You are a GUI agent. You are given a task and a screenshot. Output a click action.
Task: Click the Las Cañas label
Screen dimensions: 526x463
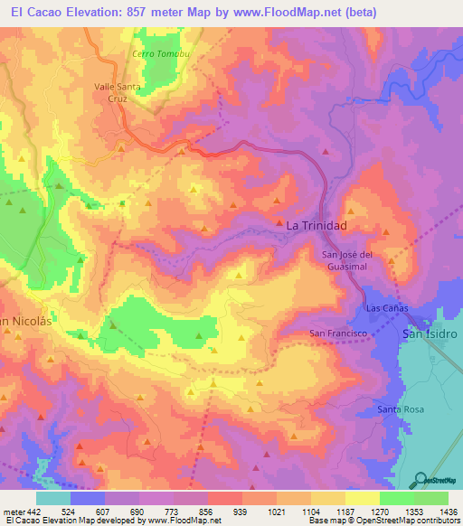point(387,308)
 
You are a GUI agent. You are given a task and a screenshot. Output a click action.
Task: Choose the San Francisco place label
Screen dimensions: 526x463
point(337,333)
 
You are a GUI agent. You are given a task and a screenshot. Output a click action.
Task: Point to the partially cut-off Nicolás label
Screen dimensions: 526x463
point(18,321)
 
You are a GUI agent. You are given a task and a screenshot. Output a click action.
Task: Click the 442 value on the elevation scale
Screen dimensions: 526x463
point(33,512)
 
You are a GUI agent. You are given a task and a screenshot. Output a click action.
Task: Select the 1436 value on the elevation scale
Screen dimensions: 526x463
point(448,512)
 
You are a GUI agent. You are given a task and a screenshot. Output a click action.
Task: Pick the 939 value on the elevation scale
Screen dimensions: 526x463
point(241,512)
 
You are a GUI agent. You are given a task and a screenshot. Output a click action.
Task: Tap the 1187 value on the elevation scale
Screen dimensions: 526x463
point(345,512)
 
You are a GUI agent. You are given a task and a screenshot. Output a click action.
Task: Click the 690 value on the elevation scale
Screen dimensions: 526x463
point(137,512)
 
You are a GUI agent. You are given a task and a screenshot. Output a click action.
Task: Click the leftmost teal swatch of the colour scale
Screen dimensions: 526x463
point(53,498)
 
